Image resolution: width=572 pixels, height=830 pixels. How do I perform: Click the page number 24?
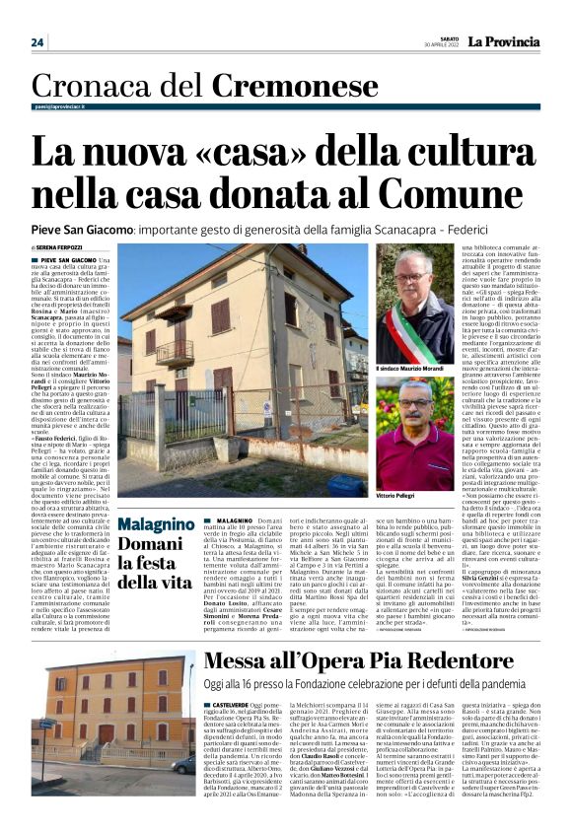coord(37,42)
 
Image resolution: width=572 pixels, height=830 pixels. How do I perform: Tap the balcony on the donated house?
coord(176,353)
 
